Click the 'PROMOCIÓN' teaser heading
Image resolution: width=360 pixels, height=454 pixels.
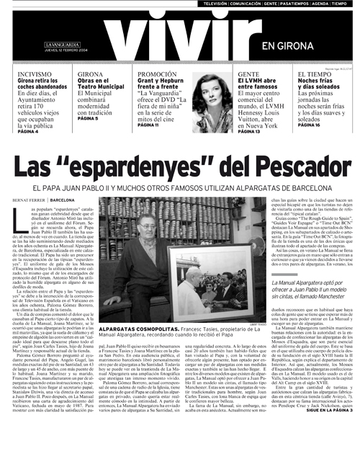click(157, 74)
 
